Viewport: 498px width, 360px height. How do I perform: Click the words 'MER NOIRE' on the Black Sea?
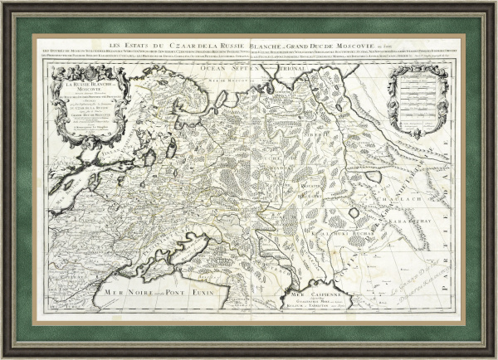pos(124,293)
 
